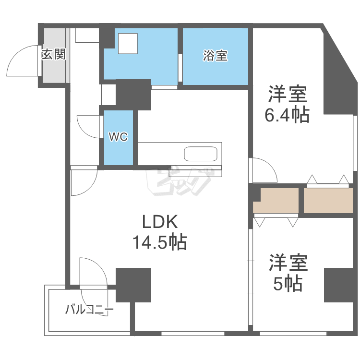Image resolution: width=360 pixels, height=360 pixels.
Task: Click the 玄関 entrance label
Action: click(x=53, y=54)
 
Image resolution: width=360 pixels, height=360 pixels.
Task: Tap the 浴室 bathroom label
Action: click(x=215, y=56)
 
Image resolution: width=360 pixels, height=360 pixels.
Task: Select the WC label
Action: click(x=118, y=137)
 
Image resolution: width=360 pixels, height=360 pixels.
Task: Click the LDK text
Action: click(x=160, y=222)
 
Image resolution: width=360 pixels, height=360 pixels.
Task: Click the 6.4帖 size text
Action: click(x=287, y=115)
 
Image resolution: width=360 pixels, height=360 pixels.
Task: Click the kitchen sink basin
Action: click(x=201, y=155)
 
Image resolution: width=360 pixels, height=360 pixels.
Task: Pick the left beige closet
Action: click(x=276, y=201)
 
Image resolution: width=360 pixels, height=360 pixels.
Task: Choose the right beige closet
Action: click(x=328, y=201)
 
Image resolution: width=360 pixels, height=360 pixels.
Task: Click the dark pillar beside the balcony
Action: click(x=133, y=285)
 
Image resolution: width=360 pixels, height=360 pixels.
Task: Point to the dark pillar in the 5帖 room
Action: click(x=338, y=285)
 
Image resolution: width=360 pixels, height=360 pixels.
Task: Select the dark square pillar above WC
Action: click(x=133, y=94)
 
